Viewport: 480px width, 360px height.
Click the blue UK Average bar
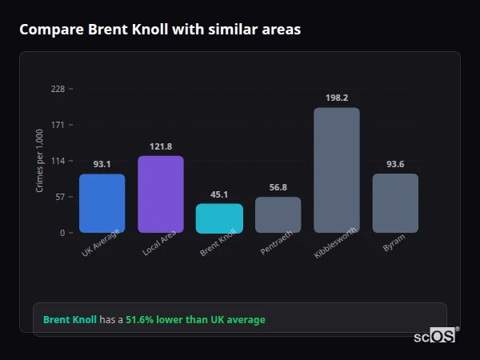coord(102,203)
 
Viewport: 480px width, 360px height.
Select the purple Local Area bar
coord(161,194)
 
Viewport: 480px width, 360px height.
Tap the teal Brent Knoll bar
coord(219,218)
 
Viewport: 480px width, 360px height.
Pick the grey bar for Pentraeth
coord(278,215)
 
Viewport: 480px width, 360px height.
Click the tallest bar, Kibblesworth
coord(336,170)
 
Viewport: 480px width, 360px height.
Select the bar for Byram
coord(395,203)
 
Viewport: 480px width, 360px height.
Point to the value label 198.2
coord(337,98)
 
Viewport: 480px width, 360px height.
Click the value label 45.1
coord(219,194)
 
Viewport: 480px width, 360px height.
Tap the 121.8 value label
coord(161,146)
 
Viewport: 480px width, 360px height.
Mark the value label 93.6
coord(395,164)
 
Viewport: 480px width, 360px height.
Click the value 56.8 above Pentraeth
coord(278,187)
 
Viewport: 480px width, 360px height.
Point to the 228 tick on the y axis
coord(58,89)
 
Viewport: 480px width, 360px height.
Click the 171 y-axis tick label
coord(58,125)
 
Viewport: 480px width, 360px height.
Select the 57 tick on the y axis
coord(60,197)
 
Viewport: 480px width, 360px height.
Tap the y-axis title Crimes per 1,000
coord(40,161)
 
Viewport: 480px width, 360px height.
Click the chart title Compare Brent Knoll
coord(160,30)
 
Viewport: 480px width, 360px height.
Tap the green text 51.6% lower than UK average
coord(195,320)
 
